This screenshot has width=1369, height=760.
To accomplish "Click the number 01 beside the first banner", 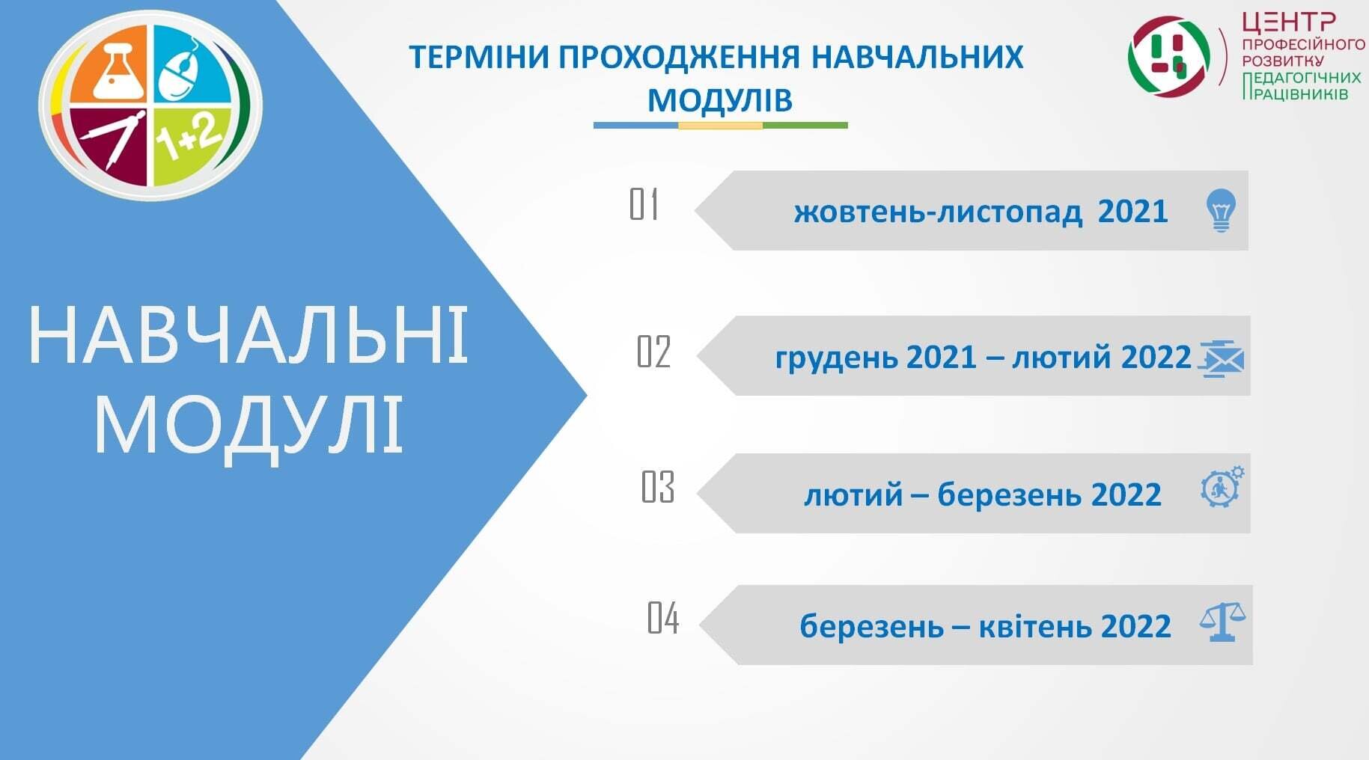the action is click(644, 204).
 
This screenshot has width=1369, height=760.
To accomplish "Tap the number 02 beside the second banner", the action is click(653, 352).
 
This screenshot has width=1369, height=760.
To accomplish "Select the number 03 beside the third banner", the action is click(658, 487).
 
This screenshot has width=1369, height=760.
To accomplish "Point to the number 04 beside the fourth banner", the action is click(663, 618).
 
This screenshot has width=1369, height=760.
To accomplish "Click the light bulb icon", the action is click(1221, 210).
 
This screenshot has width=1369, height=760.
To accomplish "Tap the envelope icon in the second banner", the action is click(1221, 358).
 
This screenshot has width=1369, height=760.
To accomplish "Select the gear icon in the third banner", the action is click(1222, 487).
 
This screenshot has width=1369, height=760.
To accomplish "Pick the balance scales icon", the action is click(1222, 622).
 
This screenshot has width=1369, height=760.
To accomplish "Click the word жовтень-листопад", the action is click(938, 212).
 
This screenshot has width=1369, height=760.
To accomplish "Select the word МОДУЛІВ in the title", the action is click(720, 100).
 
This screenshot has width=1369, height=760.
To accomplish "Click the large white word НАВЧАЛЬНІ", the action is click(249, 335).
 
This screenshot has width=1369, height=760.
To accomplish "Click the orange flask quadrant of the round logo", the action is click(110, 66).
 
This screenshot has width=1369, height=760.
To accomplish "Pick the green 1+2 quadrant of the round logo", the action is click(189, 144).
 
